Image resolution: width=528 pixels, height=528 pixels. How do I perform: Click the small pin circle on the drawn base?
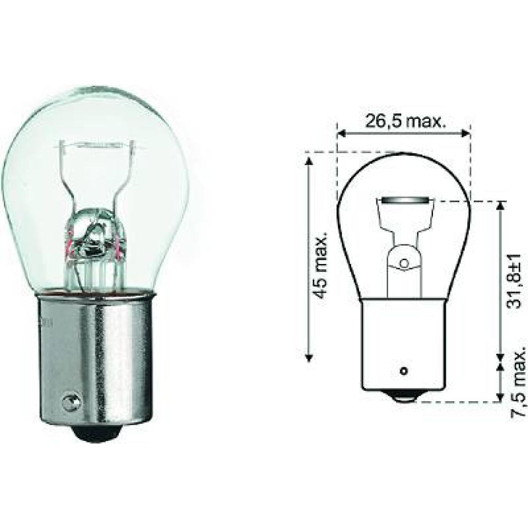(x=404, y=370)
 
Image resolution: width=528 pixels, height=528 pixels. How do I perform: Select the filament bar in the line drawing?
(x=404, y=201)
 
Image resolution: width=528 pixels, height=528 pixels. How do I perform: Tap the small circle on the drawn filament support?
(x=404, y=262)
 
